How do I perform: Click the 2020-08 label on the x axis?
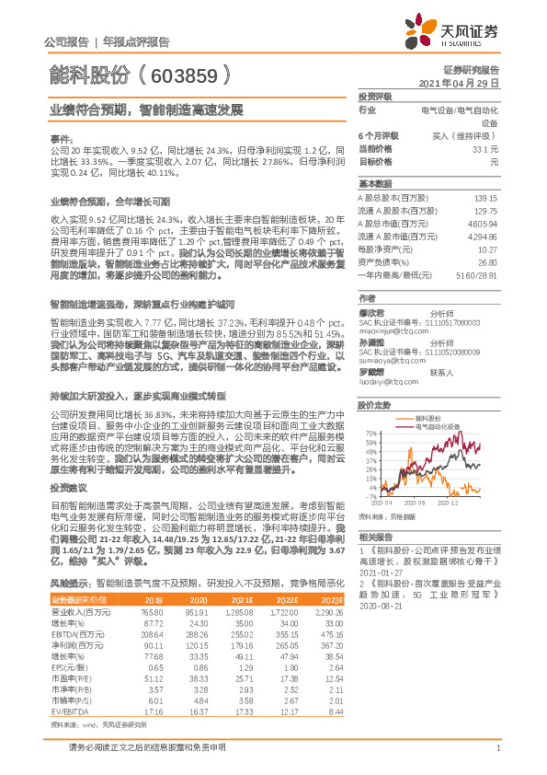click(417, 503)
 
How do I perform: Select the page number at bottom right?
click(497, 758)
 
